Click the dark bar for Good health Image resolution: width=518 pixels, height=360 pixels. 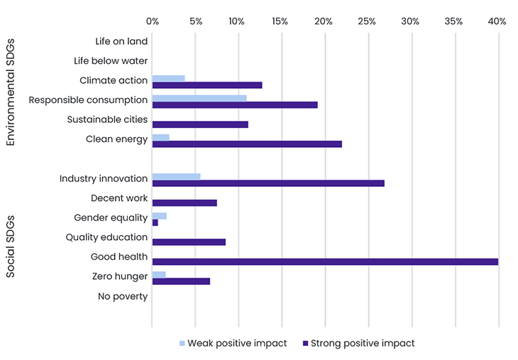click(325, 261)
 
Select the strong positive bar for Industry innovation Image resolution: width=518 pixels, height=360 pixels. click(268, 183)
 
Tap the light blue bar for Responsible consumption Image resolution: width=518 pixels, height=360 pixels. click(199, 98)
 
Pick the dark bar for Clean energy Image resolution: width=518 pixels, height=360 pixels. click(247, 144)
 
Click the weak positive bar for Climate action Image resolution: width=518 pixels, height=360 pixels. click(168, 78)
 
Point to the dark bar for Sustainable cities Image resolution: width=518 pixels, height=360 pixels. click(200, 124)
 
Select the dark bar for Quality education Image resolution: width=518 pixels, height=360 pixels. click(189, 242)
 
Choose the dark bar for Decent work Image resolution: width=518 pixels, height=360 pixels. click(184, 203)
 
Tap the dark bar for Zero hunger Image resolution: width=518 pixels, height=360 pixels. click(181, 281)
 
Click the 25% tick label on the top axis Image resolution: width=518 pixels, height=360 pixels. click(367, 22)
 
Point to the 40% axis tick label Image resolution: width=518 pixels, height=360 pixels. click(497, 22)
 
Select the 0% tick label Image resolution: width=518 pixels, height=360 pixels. click(152, 22)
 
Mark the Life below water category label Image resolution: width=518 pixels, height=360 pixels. click(110, 61)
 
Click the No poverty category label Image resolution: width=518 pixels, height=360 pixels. click(123, 296)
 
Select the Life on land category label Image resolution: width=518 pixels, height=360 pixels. click(121, 42)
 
